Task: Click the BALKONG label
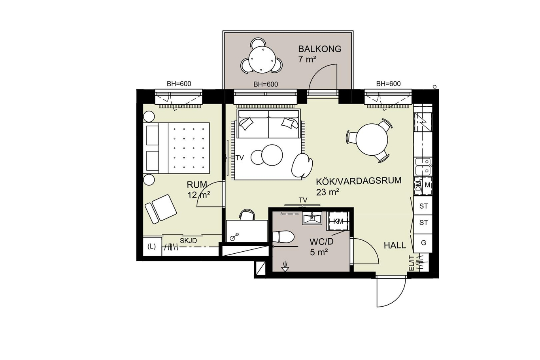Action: [x=320, y=49]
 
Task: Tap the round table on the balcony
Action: [x=262, y=60]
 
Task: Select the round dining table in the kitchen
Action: [x=372, y=139]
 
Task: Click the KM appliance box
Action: [x=338, y=222]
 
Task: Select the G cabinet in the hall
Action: [x=423, y=243]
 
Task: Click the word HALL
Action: [x=395, y=245]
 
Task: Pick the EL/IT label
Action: [x=412, y=263]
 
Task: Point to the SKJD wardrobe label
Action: [x=188, y=241]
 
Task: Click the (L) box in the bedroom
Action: [x=152, y=247]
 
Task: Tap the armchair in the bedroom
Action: [x=160, y=209]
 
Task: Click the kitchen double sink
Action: [x=423, y=166]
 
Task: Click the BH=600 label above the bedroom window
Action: [x=179, y=84]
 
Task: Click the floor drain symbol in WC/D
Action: [x=285, y=266]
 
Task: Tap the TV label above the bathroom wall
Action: [x=303, y=200]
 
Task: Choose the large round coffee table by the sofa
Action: [x=272, y=155]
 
